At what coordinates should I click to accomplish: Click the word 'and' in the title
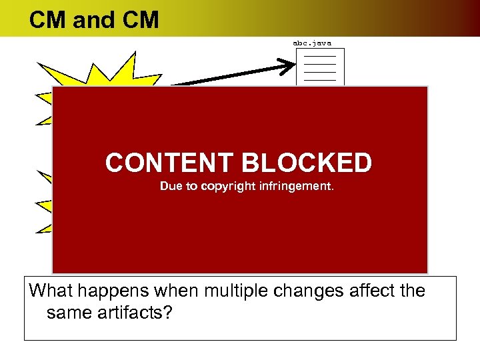click(94, 20)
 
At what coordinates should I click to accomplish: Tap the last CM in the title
click(141, 20)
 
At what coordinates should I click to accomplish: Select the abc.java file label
click(312, 43)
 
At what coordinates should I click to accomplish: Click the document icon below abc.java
click(320, 67)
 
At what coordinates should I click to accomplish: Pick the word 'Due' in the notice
click(169, 187)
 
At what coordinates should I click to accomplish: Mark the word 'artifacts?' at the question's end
click(138, 311)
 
